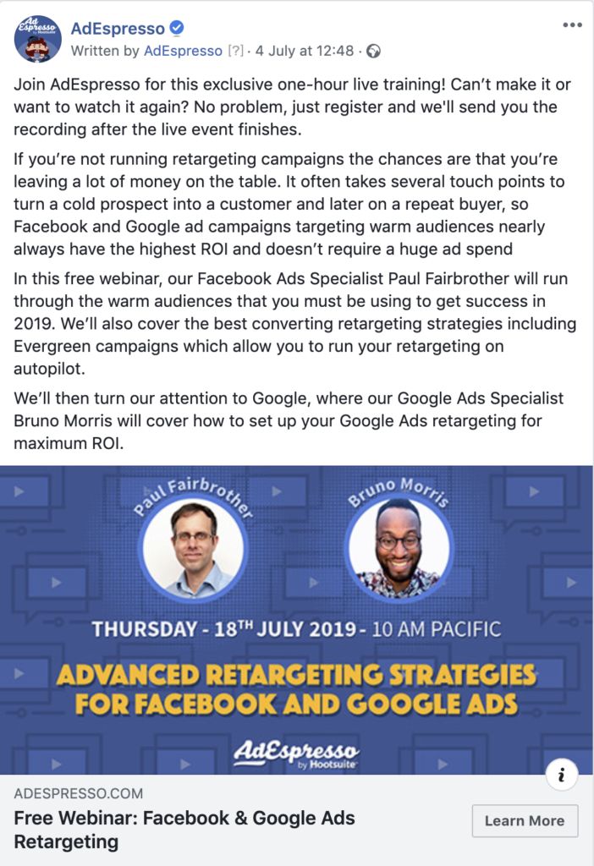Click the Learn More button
pyautogui.click(x=525, y=820)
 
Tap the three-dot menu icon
pyautogui.click(x=573, y=25)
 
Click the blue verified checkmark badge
pyautogui.click(x=177, y=27)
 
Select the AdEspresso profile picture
pyautogui.click(x=37, y=39)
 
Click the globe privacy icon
pyautogui.click(x=373, y=52)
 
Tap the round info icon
pyautogui.click(x=561, y=775)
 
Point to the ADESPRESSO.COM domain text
pyautogui.click(x=79, y=793)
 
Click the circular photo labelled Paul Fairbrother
pyautogui.click(x=193, y=547)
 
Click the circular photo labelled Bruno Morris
pyautogui.click(x=398, y=547)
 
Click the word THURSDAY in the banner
pyautogui.click(x=144, y=629)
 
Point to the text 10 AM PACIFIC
pyautogui.click(x=437, y=629)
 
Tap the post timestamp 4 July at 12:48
pyautogui.click(x=305, y=51)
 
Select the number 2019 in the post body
pyautogui.click(x=33, y=324)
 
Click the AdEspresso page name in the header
pyautogui.click(x=118, y=28)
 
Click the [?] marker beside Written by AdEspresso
pyautogui.click(x=235, y=51)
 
